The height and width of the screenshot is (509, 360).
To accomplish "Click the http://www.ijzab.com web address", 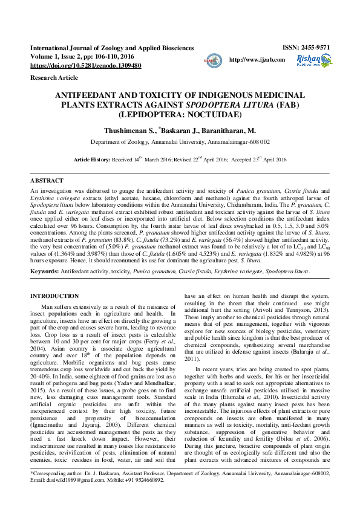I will pyautogui.click(x=257, y=60).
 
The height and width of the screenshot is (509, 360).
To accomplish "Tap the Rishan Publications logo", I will pyautogui.click(x=313, y=60).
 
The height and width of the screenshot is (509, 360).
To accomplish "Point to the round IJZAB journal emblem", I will pyautogui.click(x=211, y=60).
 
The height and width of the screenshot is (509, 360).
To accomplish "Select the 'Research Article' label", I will pyautogui.click(x=54, y=78).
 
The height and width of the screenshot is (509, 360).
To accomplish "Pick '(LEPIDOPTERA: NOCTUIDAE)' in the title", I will pyautogui.click(x=180, y=114).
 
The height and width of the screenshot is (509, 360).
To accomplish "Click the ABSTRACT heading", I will pyautogui.click(x=47, y=181).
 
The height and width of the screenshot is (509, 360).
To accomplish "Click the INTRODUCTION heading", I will pyautogui.click(x=54, y=296).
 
